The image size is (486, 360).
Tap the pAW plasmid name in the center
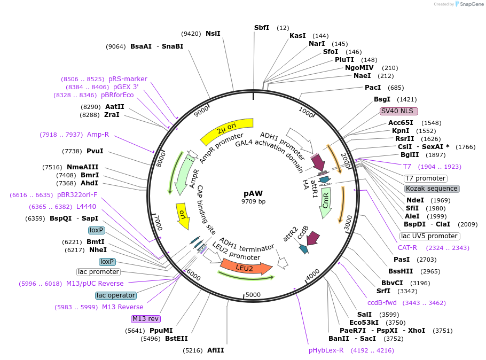[253, 193]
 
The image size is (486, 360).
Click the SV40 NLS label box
[398, 111]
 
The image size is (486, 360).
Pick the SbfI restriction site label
[262, 28]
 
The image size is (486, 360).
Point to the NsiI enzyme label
[213, 33]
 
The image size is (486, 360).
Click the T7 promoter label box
[425, 178]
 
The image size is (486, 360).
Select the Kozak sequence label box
[432, 189]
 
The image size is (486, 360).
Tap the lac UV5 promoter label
[429, 236]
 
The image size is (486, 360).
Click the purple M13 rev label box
[146, 319]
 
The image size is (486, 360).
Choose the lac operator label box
[116, 295]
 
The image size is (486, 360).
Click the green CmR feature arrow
[325, 204]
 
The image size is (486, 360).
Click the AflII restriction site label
[216, 350]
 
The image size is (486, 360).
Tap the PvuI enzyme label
[95, 151]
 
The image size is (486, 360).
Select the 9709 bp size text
[253, 202]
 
